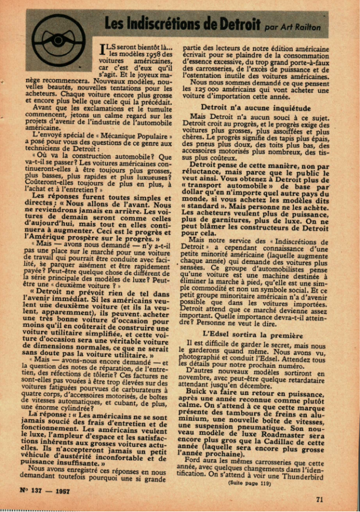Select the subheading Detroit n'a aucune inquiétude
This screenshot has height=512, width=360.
247,106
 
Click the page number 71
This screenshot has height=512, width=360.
319,499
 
